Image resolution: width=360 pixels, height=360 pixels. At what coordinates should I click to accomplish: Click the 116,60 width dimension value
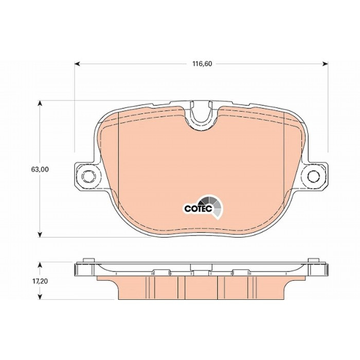click(202, 64)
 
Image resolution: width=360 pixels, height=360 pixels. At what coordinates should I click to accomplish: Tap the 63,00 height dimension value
click(40, 169)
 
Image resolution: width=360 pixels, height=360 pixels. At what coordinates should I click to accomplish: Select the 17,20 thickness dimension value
click(40, 281)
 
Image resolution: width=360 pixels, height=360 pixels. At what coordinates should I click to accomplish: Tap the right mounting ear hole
click(314, 176)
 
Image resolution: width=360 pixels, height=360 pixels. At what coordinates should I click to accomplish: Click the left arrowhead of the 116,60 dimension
click(77, 64)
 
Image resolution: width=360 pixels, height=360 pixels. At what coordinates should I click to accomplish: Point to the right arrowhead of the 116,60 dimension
click(326, 64)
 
